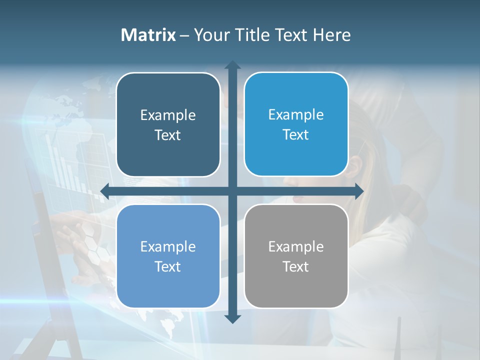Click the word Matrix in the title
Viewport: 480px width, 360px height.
click(x=148, y=35)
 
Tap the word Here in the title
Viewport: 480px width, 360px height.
click(x=331, y=35)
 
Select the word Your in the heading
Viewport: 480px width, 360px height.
click(x=211, y=35)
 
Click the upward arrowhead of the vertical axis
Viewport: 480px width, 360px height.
click(x=232, y=65)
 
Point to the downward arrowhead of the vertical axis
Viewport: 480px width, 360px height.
click(x=232, y=318)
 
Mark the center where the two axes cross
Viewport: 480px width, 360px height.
click(x=232, y=191)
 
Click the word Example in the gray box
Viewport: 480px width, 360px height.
click(x=296, y=246)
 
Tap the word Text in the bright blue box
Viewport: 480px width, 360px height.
click(x=296, y=134)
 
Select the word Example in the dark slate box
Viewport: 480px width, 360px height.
click(x=168, y=115)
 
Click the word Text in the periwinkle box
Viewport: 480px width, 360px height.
click(x=168, y=266)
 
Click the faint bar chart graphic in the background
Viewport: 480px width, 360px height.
click(x=65, y=160)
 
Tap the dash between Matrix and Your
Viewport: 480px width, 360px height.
click(x=184, y=35)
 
